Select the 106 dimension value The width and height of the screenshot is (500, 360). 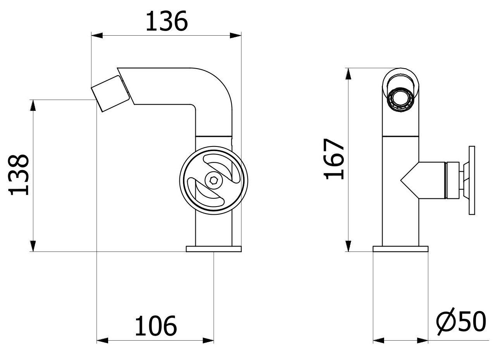point(156,326)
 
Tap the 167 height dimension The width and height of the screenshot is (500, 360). point(334,159)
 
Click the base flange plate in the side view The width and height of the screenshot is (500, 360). point(214,249)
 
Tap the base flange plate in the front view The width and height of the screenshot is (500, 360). point(400,249)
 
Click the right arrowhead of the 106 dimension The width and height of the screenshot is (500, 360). point(209,341)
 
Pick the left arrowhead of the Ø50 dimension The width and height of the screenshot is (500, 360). point(378,341)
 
